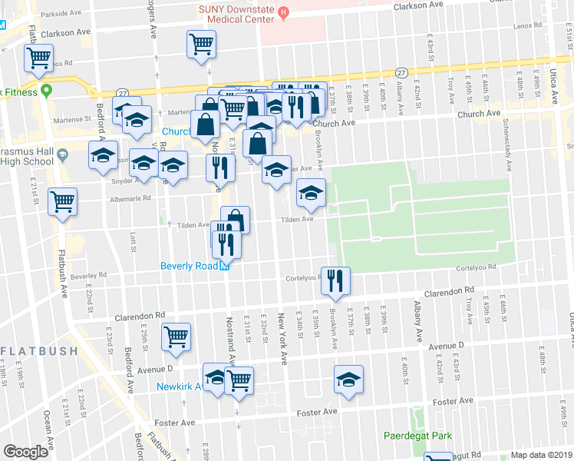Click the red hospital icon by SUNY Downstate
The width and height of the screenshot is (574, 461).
tap(282, 12)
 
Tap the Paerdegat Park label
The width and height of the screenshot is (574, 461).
tap(418, 436)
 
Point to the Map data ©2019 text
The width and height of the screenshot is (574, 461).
tap(540, 455)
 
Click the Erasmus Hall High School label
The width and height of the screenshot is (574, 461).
tap(27, 154)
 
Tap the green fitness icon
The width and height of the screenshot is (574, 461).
tap(45, 91)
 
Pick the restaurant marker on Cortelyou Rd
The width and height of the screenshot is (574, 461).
tap(335, 280)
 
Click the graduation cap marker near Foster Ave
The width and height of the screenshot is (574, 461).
tap(348, 380)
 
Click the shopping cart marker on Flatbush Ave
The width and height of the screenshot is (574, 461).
tap(62, 202)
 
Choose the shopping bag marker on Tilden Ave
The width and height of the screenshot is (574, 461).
tap(236, 220)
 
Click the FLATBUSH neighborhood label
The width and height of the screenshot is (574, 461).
tap(38, 351)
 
